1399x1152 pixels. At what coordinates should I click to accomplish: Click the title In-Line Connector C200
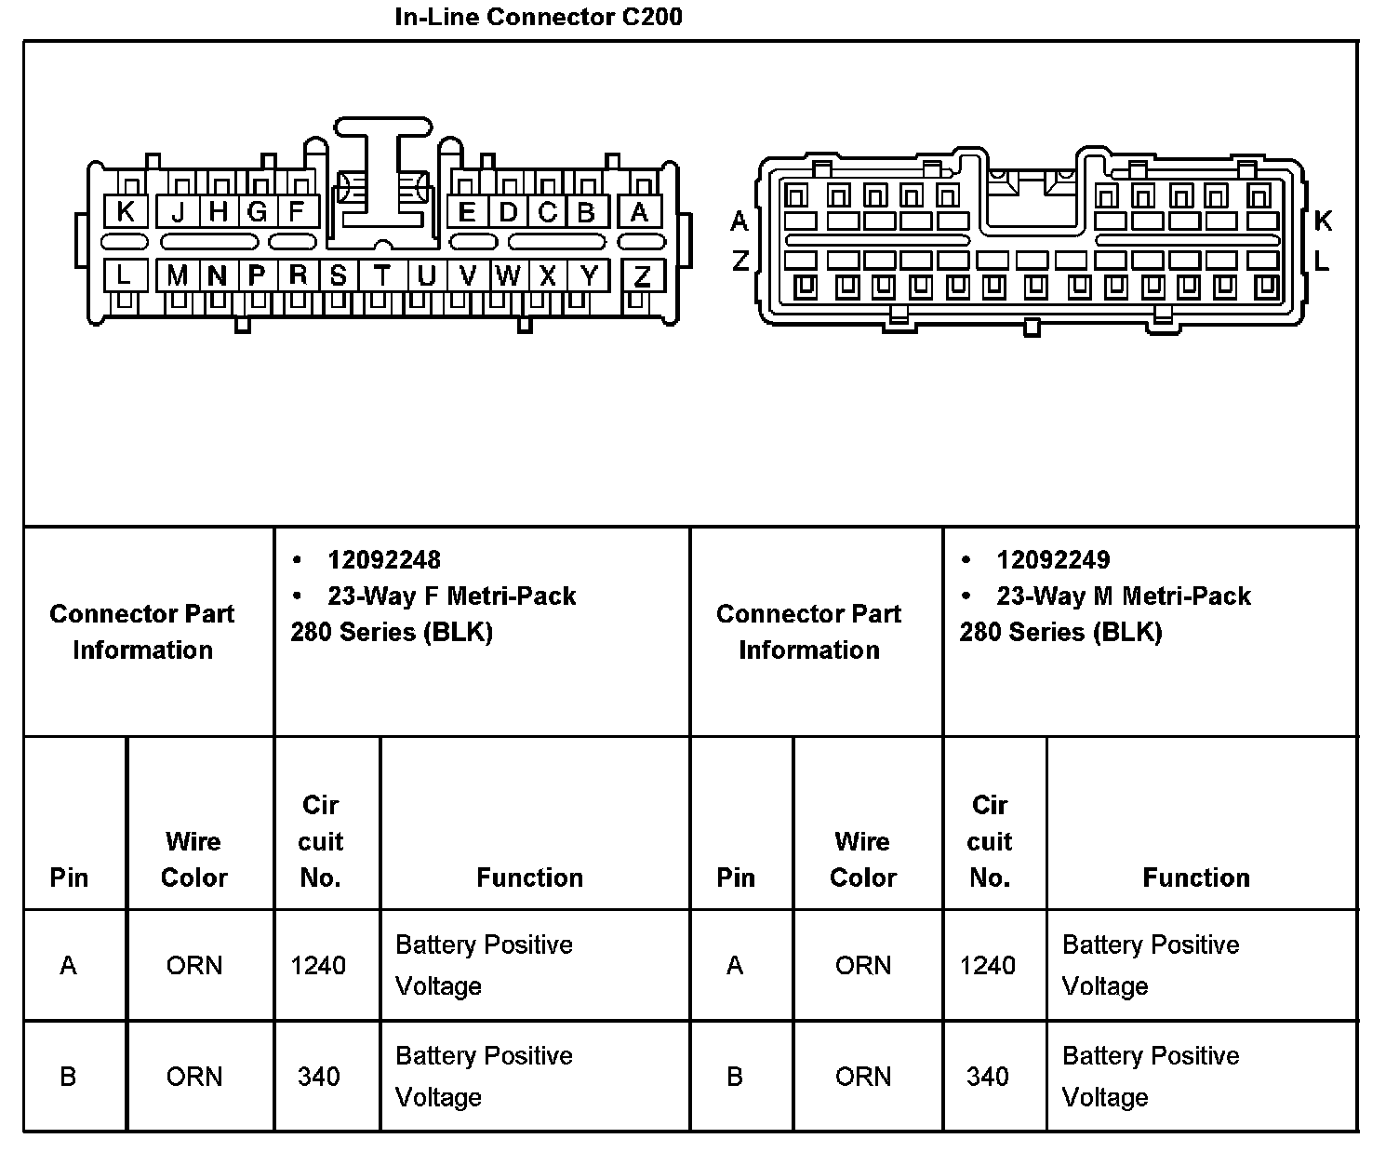point(539,17)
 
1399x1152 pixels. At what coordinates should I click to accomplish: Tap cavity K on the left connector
point(126,212)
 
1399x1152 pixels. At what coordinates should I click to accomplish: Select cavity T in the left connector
point(382,276)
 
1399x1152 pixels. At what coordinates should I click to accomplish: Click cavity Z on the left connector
point(642,276)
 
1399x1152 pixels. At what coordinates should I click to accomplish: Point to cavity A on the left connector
point(639,212)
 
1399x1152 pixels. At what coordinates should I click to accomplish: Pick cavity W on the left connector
point(508,276)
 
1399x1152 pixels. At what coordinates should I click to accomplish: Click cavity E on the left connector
point(467,212)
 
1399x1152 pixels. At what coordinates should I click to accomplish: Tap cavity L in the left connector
point(124,276)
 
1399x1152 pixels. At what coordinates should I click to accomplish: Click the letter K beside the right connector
point(1323,221)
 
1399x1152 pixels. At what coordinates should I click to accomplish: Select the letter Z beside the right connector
point(740,261)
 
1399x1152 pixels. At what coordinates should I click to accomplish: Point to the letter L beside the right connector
point(1322,261)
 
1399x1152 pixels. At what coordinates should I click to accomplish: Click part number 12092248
point(384,560)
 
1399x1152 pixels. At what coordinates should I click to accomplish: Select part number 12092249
point(1053,560)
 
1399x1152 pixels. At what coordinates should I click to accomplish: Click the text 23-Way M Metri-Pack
point(1124,596)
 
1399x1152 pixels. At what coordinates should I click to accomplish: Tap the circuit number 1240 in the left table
point(318,966)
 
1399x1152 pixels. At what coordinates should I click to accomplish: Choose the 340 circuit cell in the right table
point(988,1077)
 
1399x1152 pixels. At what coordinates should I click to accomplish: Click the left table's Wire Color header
point(194,859)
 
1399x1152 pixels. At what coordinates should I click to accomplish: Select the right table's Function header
point(1196,877)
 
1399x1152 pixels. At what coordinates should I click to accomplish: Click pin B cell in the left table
point(68,1077)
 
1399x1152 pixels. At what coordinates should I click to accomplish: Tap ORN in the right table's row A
point(863,966)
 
